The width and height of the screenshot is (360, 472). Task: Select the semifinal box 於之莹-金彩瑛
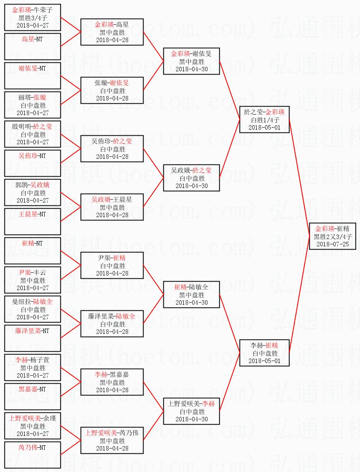264,120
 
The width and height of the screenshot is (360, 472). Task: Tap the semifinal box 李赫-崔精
264,353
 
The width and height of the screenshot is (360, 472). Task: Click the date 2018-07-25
332,244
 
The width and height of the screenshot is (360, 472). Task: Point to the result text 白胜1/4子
264,120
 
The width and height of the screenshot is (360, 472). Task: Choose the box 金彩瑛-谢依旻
191,61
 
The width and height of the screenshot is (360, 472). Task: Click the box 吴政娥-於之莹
191,178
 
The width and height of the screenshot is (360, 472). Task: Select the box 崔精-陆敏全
191,295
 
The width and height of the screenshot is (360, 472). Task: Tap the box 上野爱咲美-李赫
191,411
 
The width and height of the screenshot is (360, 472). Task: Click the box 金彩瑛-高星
111,32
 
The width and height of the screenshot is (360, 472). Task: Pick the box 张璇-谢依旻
111,90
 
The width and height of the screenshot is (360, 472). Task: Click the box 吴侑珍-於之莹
111,149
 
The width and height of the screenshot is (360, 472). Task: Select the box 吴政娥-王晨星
111,207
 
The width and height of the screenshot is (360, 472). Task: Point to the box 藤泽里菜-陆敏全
111,324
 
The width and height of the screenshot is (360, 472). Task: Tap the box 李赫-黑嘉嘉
111,382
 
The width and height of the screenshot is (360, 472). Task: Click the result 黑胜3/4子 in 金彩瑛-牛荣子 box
32,17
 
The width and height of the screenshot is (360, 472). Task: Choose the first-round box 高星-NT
32,46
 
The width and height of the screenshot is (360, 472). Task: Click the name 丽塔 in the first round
24,97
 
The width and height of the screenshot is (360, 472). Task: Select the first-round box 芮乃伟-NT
32,455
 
